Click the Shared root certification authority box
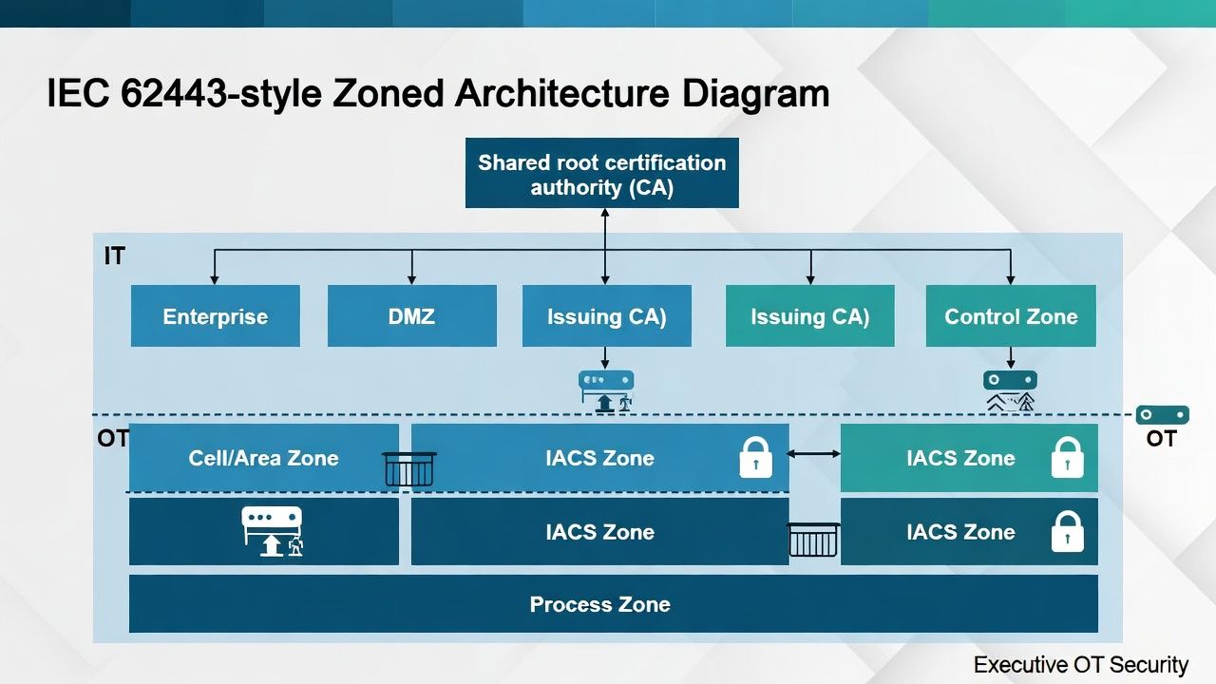(601, 174)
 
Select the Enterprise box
(216, 316)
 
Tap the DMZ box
(411, 316)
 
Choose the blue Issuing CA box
(606, 316)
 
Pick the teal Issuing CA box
(809, 316)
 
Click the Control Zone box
(1011, 316)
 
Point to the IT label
(114, 256)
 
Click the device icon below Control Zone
(1010, 390)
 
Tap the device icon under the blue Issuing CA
(606, 390)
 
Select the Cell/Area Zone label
(263, 458)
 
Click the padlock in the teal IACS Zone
(1068, 457)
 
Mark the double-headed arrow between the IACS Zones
(814, 454)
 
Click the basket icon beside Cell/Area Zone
(408, 468)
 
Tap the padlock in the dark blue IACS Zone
(1068, 531)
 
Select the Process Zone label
(599, 604)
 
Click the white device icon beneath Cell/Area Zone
(273, 530)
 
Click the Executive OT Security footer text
(1080, 665)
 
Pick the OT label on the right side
(1161, 438)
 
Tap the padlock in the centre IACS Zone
(755, 457)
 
